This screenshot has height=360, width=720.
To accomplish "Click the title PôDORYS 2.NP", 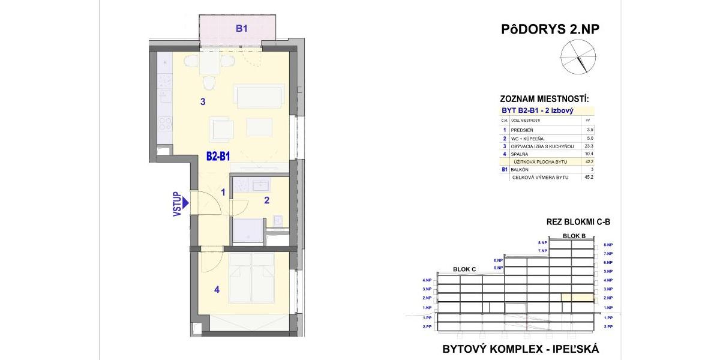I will point(550,29).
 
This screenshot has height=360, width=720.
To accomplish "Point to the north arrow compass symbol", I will point(575,56).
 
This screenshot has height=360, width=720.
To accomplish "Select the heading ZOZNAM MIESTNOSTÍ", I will point(544,99).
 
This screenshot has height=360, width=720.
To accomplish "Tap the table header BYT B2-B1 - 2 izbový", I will point(537,111).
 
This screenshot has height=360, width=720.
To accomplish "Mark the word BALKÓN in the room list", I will point(520,170).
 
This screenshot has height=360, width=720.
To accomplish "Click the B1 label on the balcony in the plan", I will point(242,28).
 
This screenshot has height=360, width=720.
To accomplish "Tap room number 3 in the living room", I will point(203,102).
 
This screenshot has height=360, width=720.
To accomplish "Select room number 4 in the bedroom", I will point(217,290).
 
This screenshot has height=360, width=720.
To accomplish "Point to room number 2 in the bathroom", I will point(266,200).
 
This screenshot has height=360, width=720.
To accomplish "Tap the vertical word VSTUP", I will point(177,204).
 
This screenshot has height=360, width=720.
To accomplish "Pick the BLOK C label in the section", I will point(464,269).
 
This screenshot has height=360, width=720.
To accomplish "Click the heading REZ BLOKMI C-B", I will point(578,222).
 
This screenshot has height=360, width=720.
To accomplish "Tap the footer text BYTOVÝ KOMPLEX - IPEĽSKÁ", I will point(520,349).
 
